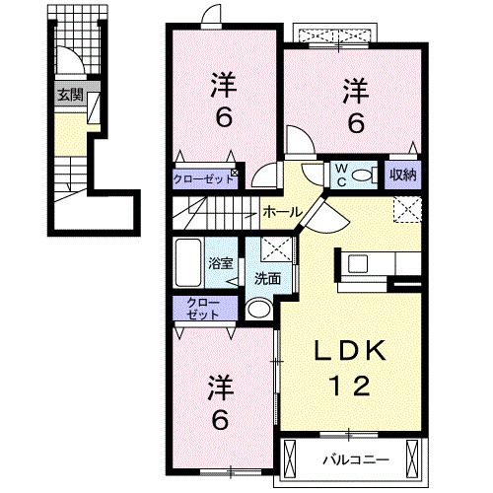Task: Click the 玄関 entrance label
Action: point(68,97)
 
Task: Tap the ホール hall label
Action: point(282,211)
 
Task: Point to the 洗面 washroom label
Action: point(267,278)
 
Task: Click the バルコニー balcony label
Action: point(356,458)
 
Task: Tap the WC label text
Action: point(337,176)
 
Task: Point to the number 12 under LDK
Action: point(345,386)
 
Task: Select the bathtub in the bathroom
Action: point(189,261)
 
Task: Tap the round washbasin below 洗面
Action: point(258,310)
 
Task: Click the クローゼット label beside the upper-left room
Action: point(199,178)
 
